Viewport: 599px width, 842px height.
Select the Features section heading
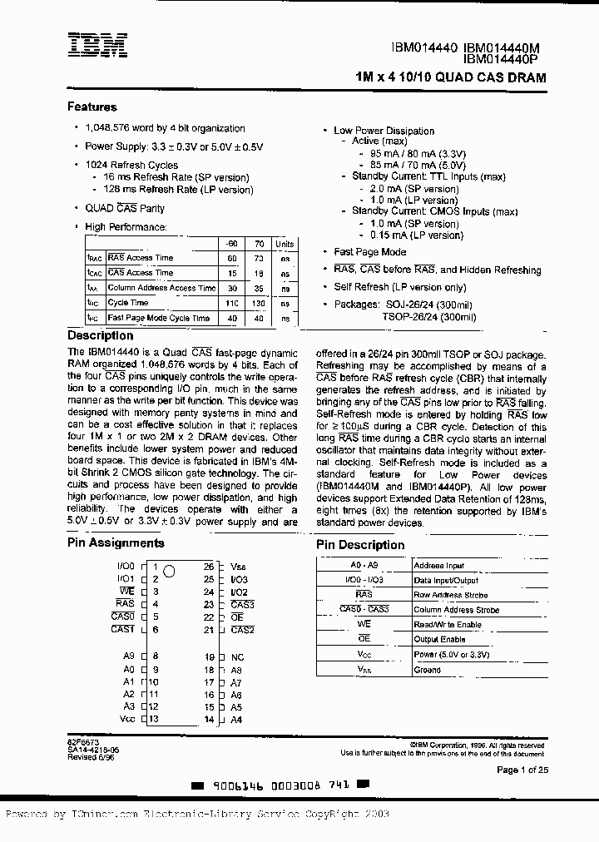pos(92,107)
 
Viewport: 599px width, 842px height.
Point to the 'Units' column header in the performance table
pos(285,244)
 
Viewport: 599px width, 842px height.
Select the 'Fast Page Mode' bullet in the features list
pos(369,252)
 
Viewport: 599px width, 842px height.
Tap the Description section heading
pos(100,336)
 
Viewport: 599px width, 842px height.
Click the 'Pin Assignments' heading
pos(116,543)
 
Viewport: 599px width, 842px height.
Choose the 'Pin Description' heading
pos(360,545)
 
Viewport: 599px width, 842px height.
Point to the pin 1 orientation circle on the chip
pos(169,571)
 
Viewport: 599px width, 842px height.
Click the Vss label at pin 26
pos(238,566)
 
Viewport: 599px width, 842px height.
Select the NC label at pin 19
pos(237,656)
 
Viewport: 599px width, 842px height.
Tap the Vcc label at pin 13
pos(126,719)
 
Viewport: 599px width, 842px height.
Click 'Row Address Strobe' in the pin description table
pos(450,595)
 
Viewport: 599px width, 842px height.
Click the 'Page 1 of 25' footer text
pos(522,770)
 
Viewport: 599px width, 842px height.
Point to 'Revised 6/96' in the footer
pos(86,757)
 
